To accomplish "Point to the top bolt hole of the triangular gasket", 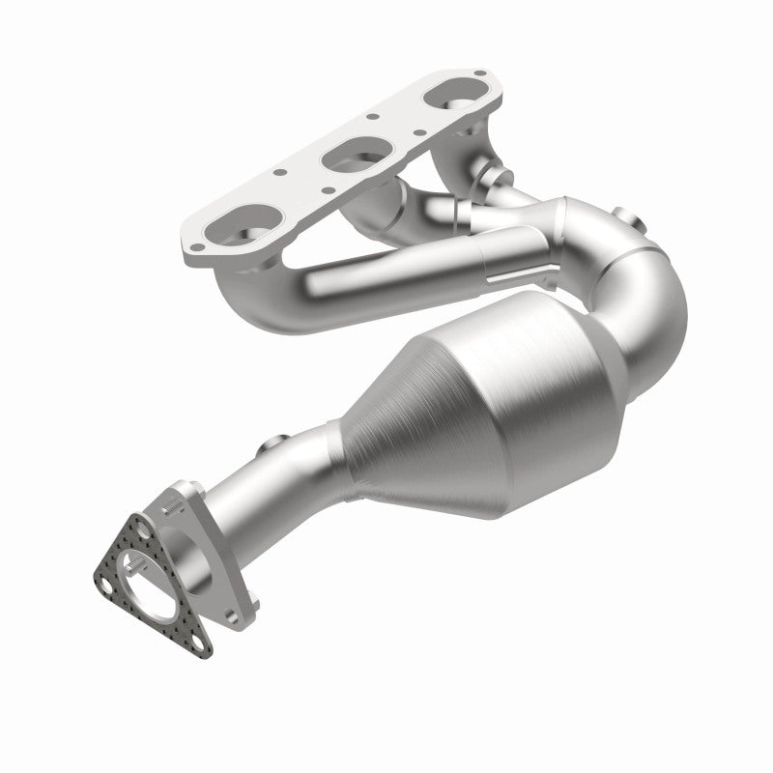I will pos(142,530).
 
